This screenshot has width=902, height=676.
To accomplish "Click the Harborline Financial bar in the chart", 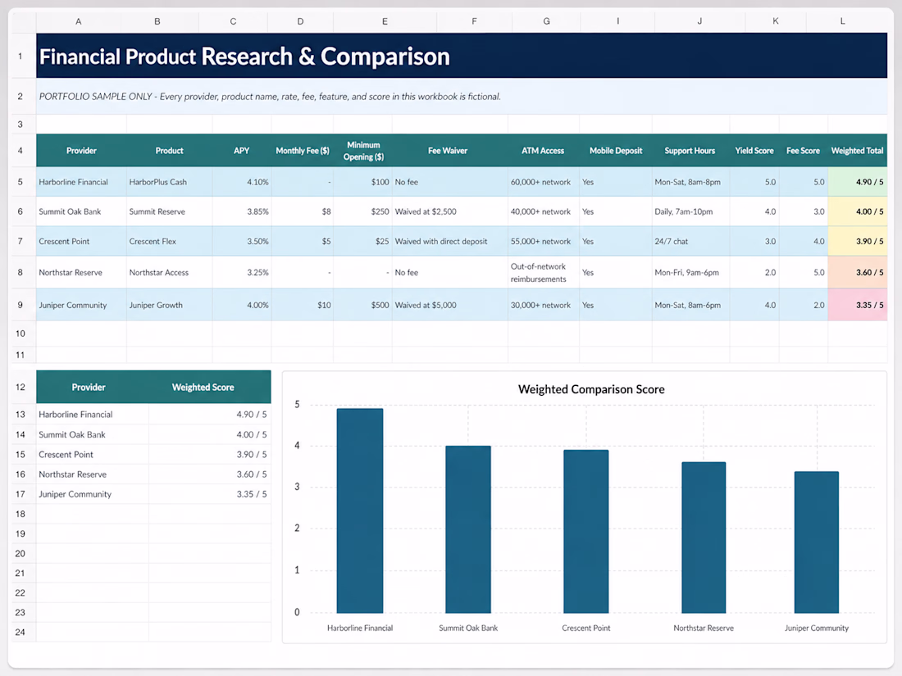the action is tap(359, 510).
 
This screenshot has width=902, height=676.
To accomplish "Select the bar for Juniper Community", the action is tap(816, 542).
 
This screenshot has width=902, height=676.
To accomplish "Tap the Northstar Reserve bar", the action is tap(704, 538).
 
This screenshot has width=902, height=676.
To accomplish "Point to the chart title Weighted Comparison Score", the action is tap(591, 389).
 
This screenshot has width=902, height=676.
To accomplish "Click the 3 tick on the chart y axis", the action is tap(297, 487).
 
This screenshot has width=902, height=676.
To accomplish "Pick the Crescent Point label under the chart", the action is tap(586, 628).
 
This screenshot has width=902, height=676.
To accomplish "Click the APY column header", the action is tap(242, 151).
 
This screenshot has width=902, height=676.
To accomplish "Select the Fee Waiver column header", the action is tap(448, 151).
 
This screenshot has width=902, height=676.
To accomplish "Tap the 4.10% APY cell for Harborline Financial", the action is tap(257, 182).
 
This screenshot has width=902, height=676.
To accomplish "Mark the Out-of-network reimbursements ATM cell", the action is tap(539, 273).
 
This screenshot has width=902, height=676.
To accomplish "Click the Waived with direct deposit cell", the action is tap(440, 242).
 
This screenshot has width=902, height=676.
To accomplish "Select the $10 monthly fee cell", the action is tap(324, 306).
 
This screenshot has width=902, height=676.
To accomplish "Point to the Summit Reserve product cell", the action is tap(157, 211).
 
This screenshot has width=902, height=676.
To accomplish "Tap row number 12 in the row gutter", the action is tap(20, 387).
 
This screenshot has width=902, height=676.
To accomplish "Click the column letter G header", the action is tap(546, 21).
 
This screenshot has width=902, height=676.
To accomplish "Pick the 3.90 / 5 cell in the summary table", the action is tap(252, 454).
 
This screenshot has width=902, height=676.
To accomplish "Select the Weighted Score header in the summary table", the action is tap(203, 387).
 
